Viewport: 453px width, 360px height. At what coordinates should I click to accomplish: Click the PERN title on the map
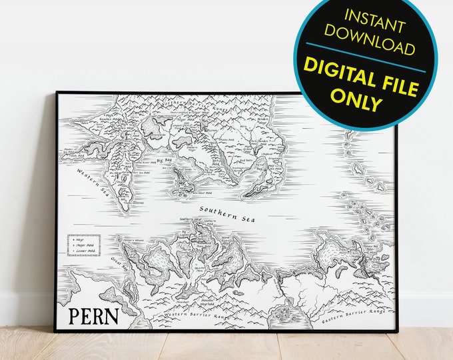click(x=93, y=315)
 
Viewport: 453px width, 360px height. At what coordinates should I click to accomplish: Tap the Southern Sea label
click(x=225, y=215)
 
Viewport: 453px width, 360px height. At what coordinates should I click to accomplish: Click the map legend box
click(x=84, y=245)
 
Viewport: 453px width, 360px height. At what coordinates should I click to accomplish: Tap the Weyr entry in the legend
click(x=85, y=239)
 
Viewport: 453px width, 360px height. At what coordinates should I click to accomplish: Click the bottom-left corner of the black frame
click(x=55, y=331)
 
